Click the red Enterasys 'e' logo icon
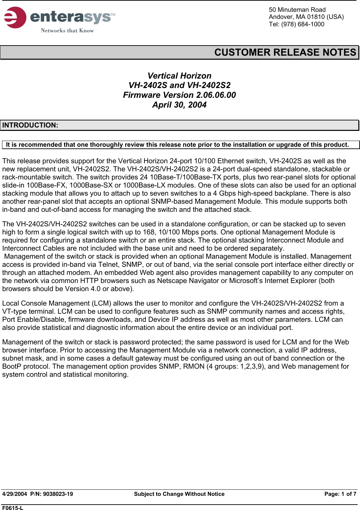(15, 18)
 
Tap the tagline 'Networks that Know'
(67, 31)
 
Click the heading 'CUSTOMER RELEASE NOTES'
(285, 52)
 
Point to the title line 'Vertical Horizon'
(179, 76)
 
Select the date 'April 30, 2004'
(179, 105)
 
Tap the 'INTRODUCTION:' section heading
(30, 125)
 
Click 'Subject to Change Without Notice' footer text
(179, 494)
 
